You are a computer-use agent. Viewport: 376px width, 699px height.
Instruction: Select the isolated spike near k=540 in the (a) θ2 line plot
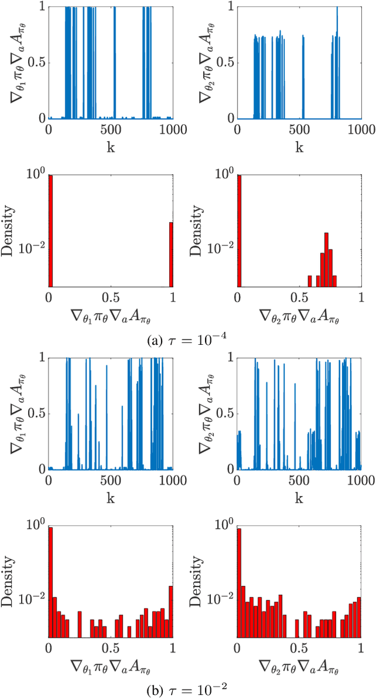(x=303, y=76)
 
